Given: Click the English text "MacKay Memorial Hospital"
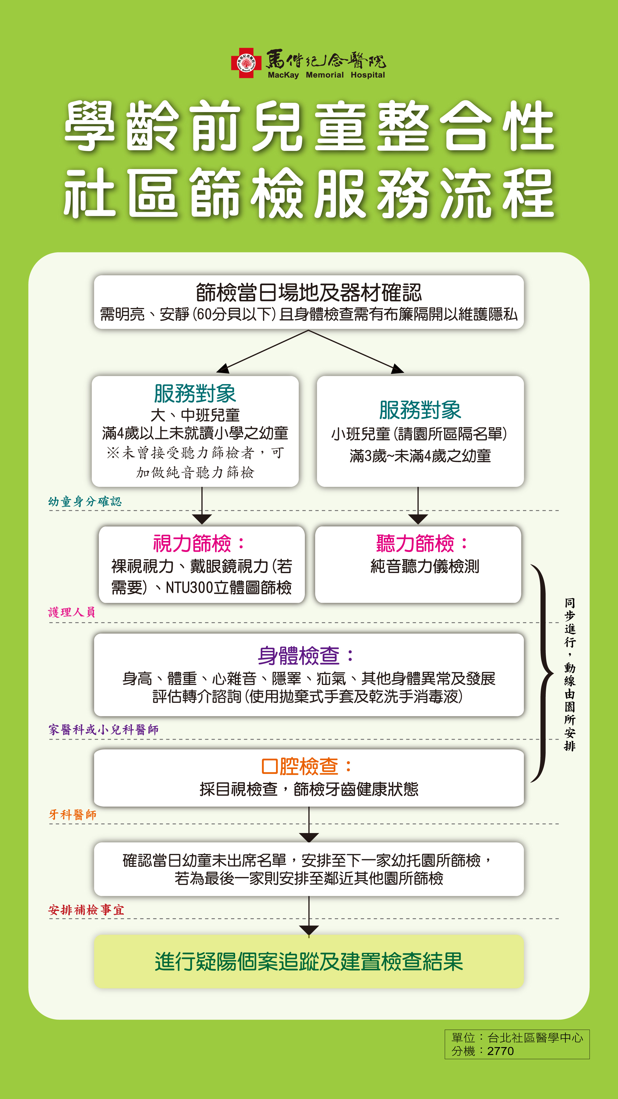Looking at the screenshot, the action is (326, 75).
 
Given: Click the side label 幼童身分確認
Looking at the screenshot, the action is (85, 501).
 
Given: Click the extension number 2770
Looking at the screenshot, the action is (500, 1051).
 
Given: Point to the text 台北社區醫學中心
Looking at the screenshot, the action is (535, 1037).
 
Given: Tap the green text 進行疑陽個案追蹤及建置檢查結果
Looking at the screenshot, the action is (309, 962).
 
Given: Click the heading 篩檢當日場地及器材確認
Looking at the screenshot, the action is (309, 293).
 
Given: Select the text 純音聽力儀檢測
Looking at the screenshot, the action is (425, 567).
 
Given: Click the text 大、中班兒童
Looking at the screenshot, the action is (195, 415).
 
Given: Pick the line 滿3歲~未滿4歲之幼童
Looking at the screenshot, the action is (420, 456).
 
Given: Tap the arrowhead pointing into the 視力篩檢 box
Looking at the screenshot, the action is (202, 519).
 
